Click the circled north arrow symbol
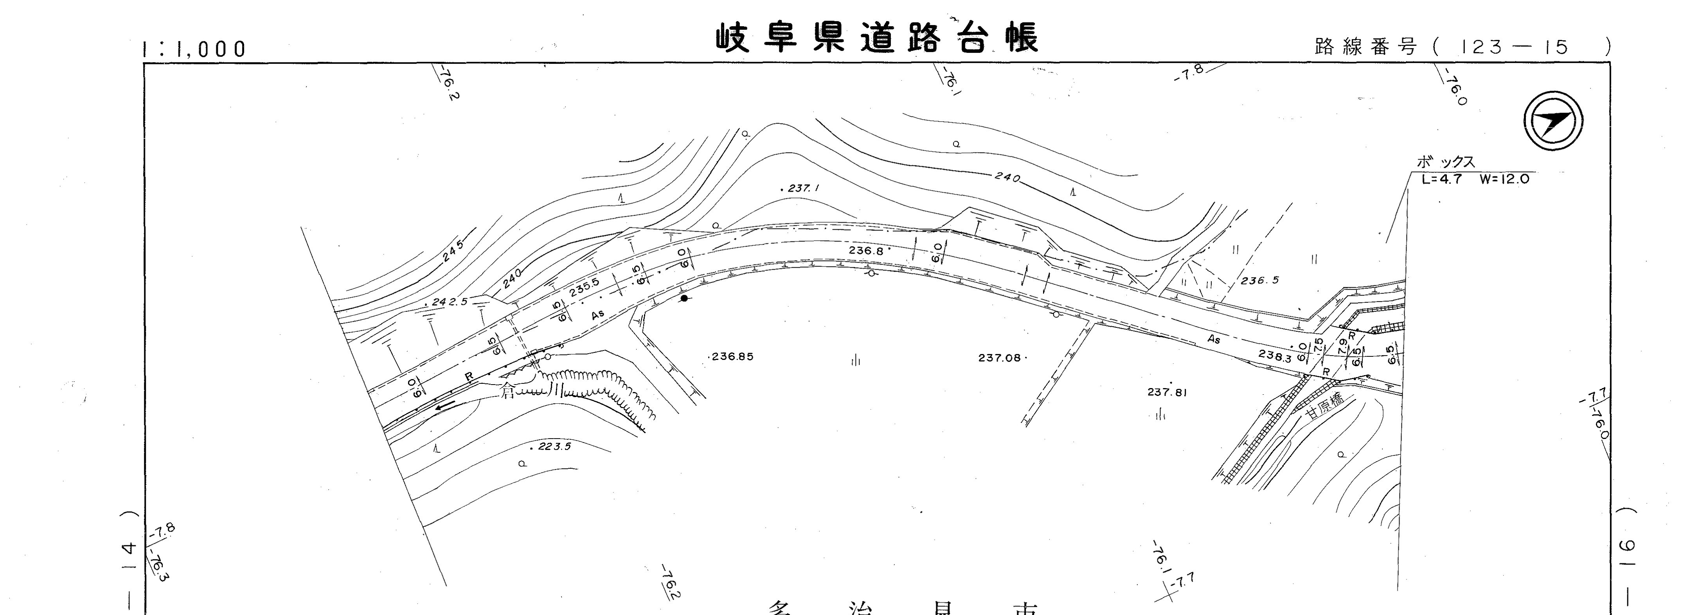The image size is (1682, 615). click(1553, 121)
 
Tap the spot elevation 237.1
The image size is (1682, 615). click(802, 188)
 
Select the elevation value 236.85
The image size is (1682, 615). click(731, 356)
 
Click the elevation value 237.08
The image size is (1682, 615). click(1000, 358)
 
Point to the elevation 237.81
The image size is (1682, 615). click(1167, 392)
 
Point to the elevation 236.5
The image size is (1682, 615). click(1259, 281)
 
